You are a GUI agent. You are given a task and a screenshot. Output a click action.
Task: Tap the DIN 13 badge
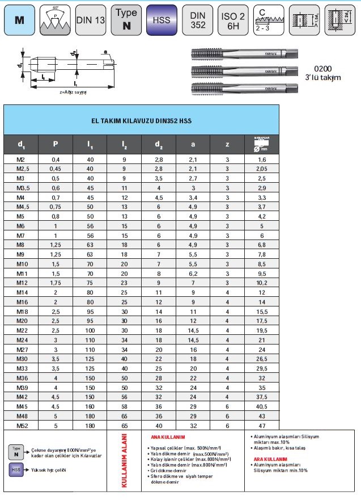[91, 19]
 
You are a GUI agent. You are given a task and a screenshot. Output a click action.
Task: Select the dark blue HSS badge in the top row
[162, 19]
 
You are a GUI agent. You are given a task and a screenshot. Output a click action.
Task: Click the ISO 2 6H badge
[233, 19]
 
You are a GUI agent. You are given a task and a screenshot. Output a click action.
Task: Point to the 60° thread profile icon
[56, 19]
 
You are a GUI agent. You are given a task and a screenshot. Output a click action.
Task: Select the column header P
[56, 144]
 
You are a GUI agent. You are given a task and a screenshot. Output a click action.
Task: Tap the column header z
[227, 144]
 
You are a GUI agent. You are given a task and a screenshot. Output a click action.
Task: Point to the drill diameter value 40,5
[261, 407]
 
